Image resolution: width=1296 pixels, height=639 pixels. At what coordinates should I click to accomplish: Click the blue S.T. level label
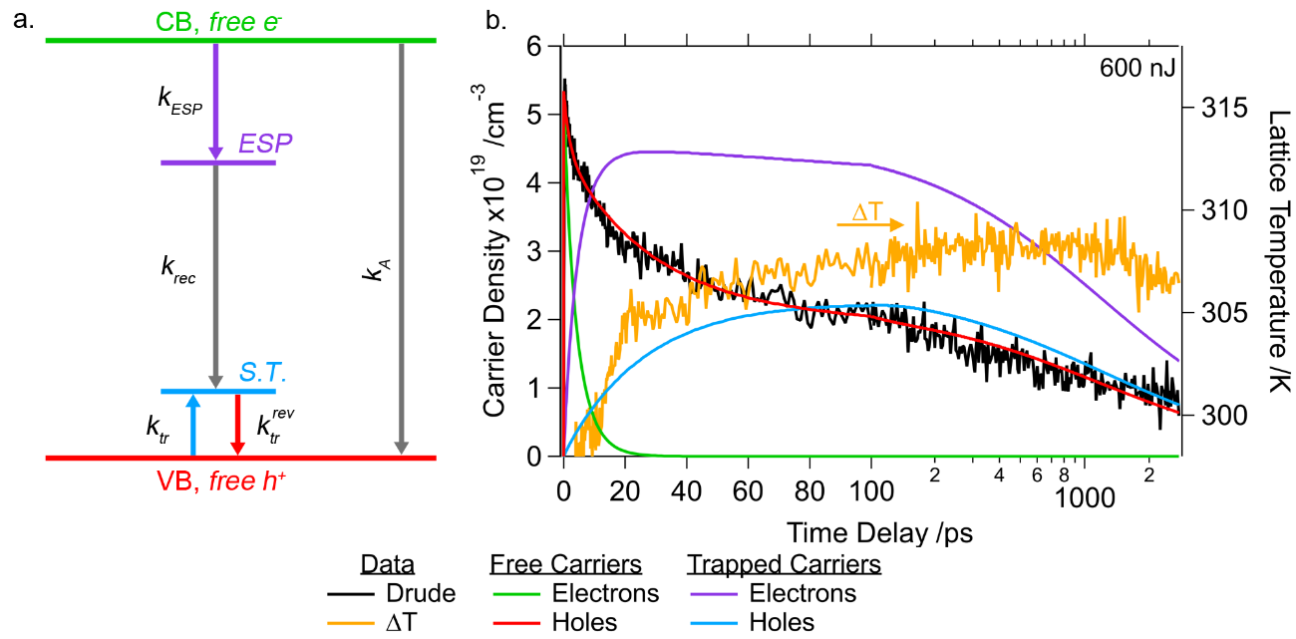262,372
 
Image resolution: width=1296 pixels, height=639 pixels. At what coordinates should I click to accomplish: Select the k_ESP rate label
183,101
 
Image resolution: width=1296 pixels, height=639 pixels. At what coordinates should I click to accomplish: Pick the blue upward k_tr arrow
193,423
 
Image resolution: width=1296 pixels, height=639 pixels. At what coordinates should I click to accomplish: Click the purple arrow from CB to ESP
215,100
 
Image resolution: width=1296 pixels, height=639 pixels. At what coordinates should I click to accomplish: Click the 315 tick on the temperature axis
1202,107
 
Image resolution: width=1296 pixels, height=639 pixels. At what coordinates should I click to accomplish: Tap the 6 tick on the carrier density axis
540,47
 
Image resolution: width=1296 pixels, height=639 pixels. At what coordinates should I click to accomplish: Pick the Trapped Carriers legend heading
784,564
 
